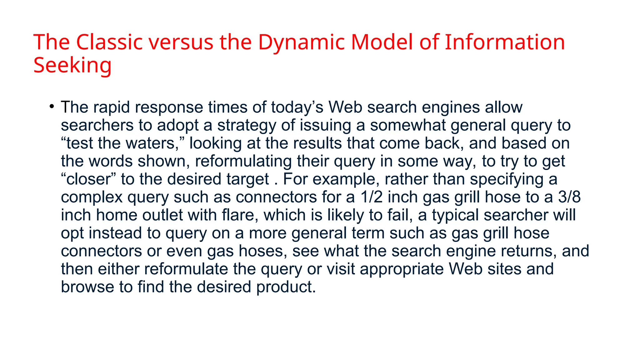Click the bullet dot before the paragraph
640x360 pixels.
pyautogui.click(x=52, y=106)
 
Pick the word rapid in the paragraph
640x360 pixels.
pyautogui.click(x=112, y=107)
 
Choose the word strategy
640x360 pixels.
pyautogui.click(x=247, y=125)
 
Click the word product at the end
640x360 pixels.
pyautogui.click(x=286, y=287)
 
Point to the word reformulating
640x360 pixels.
pyautogui.click(x=243, y=161)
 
